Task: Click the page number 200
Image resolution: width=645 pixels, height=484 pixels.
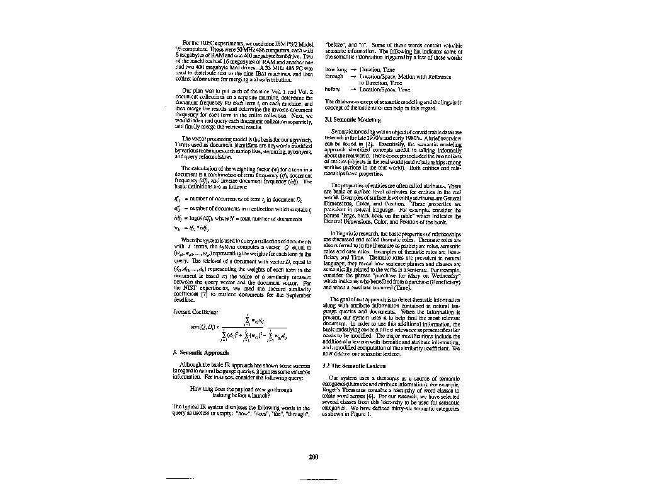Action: [x=314, y=456]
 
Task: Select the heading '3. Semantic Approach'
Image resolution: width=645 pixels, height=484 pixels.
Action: [x=199, y=352]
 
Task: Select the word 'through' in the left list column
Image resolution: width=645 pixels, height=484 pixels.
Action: [x=334, y=76]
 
